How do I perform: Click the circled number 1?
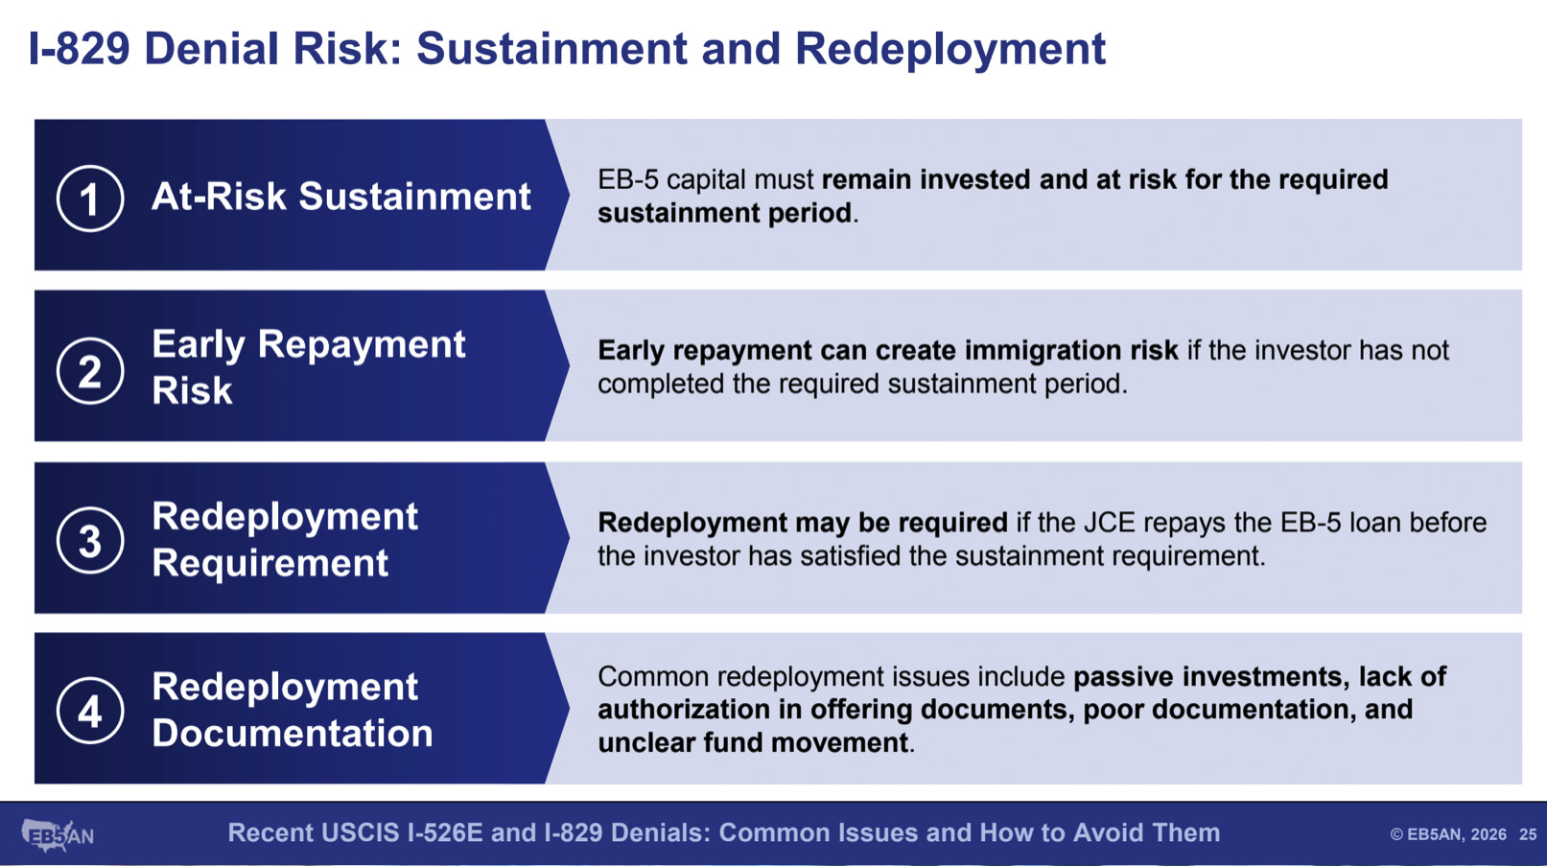pyautogui.click(x=90, y=199)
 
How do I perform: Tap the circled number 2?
pyautogui.click(x=90, y=371)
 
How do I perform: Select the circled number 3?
pyautogui.click(x=90, y=541)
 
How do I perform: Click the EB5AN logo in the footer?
pyautogui.click(x=58, y=835)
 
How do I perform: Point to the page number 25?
pyautogui.click(x=1528, y=834)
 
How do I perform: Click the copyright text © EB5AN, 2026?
pyautogui.click(x=1448, y=834)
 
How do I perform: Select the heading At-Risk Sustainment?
pyautogui.click(x=341, y=197)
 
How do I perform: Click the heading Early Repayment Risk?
pyautogui.click(x=309, y=366)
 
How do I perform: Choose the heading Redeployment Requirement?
pyautogui.click(x=285, y=539)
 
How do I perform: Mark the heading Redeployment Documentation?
pyautogui.click(x=293, y=710)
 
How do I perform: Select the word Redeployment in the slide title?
pyautogui.click(x=950, y=50)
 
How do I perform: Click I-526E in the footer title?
pyautogui.click(x=445, y=832)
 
